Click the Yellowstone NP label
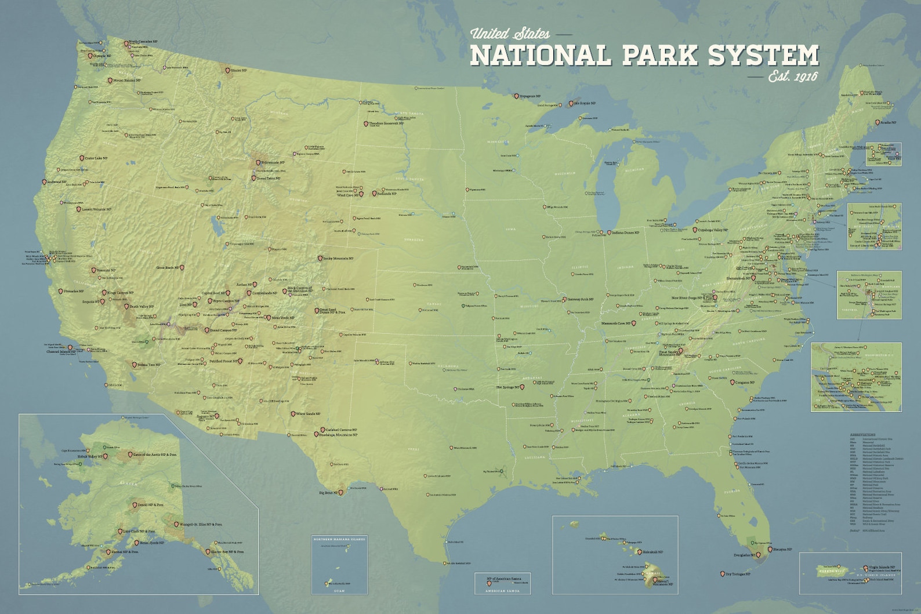click(x=273, y=163)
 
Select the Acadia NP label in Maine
click(x=888, y=122)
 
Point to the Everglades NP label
click(x=744, y=555)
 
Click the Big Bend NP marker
click(x=341, y=492)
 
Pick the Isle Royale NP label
click(x=585, y=103)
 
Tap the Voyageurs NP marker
click(x=517, y=96)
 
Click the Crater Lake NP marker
click(x=82, y=158)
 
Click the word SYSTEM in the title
click(x=763, y=55)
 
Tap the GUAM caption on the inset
click(x=339, y=591)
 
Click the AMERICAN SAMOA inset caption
click(x=502, y=591)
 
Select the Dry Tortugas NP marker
click(x=722, y=574)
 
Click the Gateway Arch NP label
click(x=581, y=299)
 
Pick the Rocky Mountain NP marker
click(x=320, y=259)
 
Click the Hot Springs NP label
click(x=507, y=387)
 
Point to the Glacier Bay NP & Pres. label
click(x=227, y=552)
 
